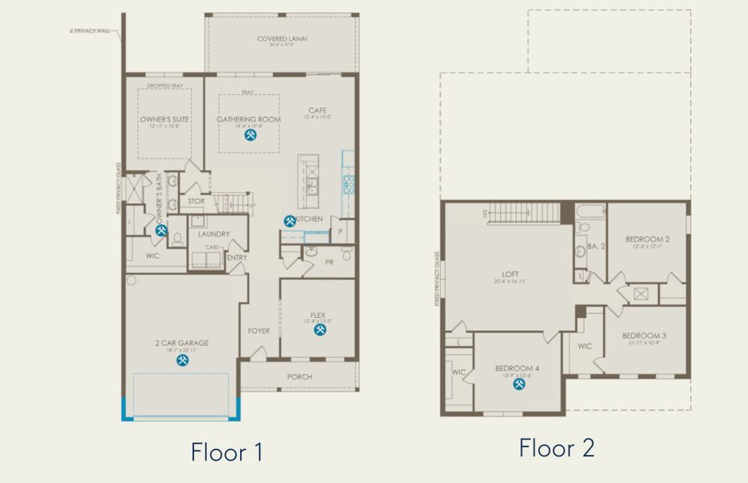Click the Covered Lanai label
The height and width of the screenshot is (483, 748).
[x=282, y=39]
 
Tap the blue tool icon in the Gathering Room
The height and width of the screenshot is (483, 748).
[x=250, y=135]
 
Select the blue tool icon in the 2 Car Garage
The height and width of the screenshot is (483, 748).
[x=182, y=360]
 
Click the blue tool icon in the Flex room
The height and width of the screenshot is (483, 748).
[x=320, y=330]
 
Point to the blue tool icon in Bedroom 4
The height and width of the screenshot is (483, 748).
[x=519, y=384]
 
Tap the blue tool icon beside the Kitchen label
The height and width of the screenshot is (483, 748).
[x=289, y=220]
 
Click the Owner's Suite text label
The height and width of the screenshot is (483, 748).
[x=164, y=120]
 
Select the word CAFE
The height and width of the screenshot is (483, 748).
[x=317, y=110]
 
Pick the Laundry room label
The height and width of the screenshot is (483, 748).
[x=213, y=234]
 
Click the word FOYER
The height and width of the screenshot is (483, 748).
[x=258, y=330]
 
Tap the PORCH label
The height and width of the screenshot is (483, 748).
[x=300, y=376]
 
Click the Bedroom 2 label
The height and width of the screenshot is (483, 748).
[x=647, y=239]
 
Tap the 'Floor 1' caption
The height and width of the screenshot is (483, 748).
[x=226, y=452]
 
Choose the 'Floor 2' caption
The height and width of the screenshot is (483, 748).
[x=556, y=448]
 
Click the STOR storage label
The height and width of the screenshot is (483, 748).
[x=196, y=201]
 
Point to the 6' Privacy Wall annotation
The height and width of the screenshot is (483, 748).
[x=93, y=32]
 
